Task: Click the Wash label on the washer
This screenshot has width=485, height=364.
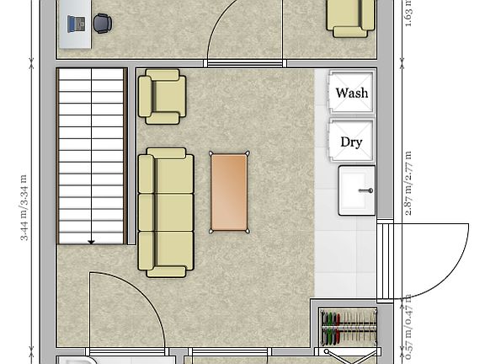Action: point(351,93)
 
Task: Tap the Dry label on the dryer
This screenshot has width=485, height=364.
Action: point(351,142)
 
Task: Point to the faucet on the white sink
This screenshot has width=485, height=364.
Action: point(366,190)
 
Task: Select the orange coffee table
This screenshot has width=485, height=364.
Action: point(229,191)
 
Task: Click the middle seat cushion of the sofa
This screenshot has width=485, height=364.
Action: point(174,211)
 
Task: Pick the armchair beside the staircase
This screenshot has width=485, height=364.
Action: point(163,96)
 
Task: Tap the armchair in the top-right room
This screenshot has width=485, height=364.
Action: point(350,17)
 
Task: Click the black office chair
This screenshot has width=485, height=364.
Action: point(102,24)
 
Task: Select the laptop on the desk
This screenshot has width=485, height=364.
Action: point(76,24)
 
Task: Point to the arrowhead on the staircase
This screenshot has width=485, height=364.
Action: point(91,241)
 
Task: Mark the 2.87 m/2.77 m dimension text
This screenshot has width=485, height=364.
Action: point(408,184)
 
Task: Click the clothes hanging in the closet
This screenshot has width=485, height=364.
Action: point(348,329)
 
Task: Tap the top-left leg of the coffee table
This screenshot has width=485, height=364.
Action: point(211,153)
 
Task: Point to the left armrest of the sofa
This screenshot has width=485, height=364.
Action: point(146,212)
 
